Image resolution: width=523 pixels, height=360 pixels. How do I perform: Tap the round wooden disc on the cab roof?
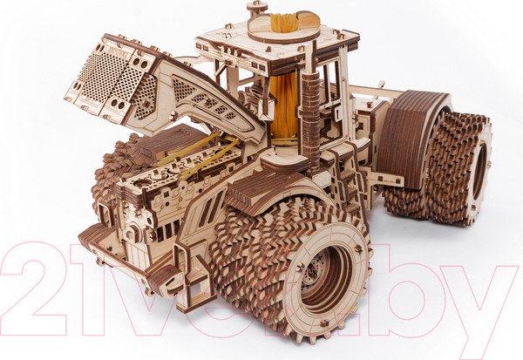point(283,30)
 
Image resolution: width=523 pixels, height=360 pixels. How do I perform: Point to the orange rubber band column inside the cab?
point(282,106)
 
